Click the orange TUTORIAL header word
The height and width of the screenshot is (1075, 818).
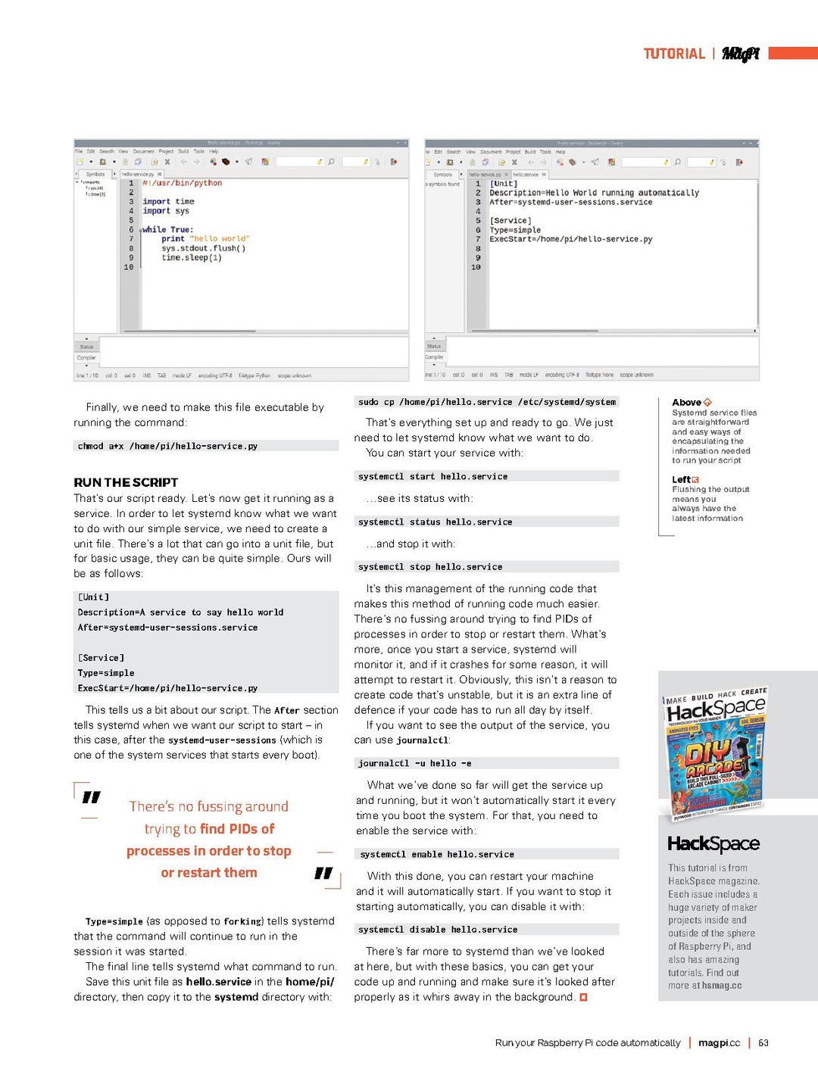(673, 54)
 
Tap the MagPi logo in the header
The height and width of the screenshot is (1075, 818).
(740, 54)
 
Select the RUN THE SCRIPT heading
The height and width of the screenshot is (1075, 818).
(126, 482)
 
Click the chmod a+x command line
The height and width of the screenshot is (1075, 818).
(167, 446)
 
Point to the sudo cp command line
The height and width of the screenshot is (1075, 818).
(486, 402)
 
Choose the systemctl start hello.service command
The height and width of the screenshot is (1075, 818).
(432, 476)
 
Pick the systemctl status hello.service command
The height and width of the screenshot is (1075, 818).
(435, 522)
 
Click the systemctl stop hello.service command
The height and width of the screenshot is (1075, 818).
(430, 566)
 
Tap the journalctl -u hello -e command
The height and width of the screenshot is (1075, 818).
(414, 763)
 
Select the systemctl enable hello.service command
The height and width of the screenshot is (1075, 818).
(437, 854)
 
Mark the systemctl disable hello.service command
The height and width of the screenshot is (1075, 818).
(438, 929)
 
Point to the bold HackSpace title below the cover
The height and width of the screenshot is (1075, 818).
(713, 843)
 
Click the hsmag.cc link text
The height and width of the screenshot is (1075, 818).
(722, 986)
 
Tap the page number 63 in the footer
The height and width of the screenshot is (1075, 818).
(763, 1042)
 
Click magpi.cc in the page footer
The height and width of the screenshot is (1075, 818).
(719, 1042)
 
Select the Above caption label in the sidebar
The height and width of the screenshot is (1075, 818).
(686, 403)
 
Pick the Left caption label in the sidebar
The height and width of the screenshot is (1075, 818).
(681, 479)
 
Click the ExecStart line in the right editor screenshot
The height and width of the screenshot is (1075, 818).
(570, 239)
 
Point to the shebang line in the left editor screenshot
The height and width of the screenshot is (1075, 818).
(182, 183)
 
